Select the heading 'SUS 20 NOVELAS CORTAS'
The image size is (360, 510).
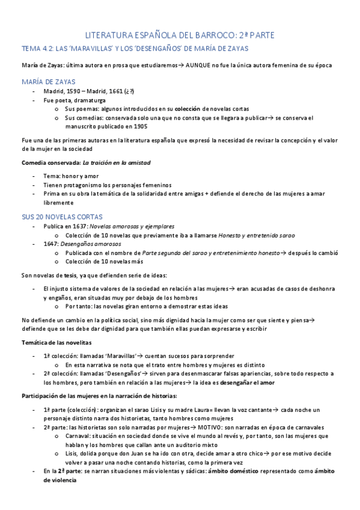(x=62, y=216)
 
